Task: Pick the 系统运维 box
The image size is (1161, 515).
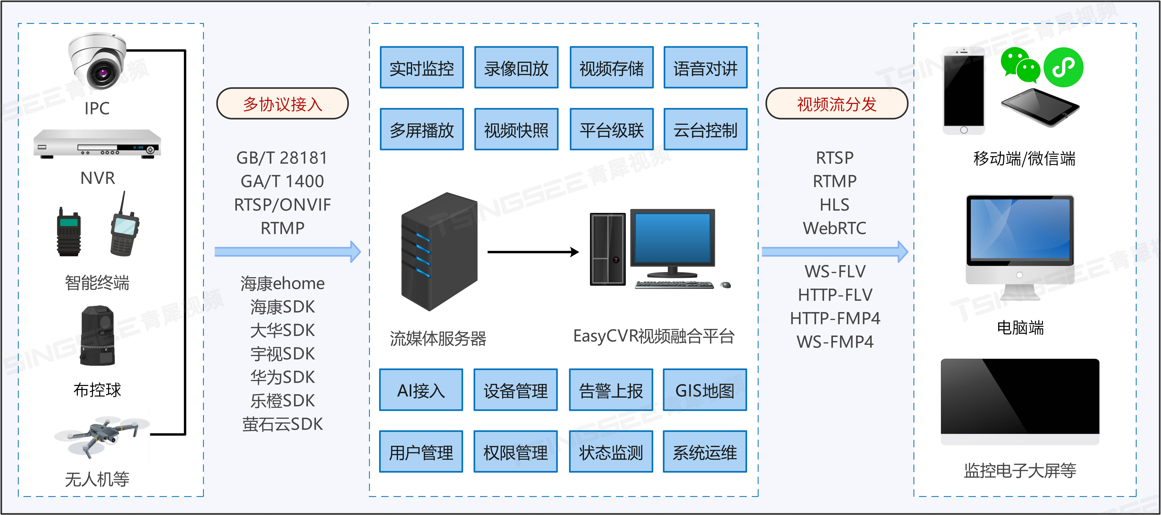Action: (705, 452)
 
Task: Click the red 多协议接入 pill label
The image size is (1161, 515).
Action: (283, 104)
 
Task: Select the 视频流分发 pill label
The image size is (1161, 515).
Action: (837, 104)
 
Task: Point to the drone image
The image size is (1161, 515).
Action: (101, 435)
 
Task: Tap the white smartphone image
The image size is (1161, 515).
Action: (964, 90)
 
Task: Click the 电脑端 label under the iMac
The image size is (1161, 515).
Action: (1020, 328)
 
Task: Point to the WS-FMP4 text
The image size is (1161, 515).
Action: (835, 341)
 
